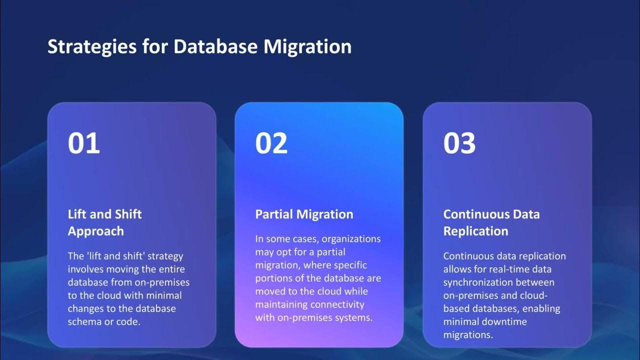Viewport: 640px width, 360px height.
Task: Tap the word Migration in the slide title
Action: coord(307,47)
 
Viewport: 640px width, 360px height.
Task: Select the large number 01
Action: coord(84,143)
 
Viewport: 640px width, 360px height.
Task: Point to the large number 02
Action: coord(271,143)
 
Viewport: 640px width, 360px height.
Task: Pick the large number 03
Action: coord(459,143)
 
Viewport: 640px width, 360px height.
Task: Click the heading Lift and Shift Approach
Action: coord(104,222)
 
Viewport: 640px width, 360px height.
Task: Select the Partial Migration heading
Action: coord(304,214)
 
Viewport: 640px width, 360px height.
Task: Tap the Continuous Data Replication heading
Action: coord(491,222)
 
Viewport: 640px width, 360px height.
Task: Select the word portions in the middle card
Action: coord(274,278)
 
